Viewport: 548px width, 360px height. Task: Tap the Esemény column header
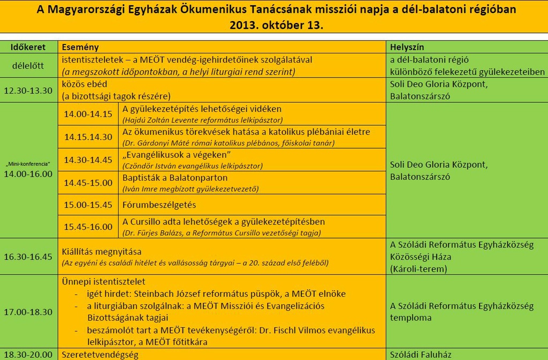click(x=80, y=47)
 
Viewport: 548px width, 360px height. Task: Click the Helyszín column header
click(x=407, y=47)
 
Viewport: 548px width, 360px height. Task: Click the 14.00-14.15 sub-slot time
click(x=88, y=114)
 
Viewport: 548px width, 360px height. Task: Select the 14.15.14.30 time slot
click(x=88, y=137)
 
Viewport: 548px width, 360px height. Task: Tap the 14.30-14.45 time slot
click(x=88, y=160)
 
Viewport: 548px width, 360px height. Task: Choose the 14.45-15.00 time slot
click(x=88, y=182)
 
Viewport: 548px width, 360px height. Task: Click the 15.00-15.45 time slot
click(x=88, y=205)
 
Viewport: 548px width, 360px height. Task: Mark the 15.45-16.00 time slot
click(x=88, y=227)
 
